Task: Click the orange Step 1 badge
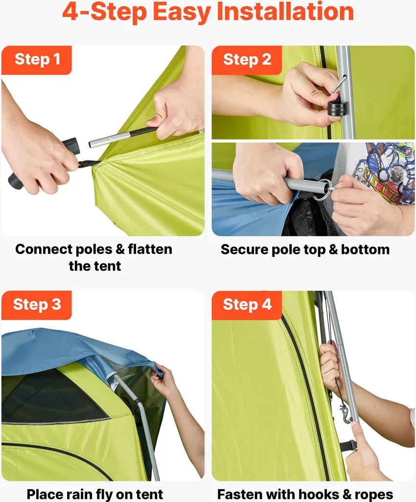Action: click(36, 60)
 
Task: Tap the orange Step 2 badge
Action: click(247, 60)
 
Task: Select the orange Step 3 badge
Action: click(36, 305)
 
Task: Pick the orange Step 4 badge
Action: click(247, 305)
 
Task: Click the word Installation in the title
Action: click(285, 12)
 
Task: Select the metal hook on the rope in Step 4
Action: click(346, 413)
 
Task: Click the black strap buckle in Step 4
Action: click(348, 445)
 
